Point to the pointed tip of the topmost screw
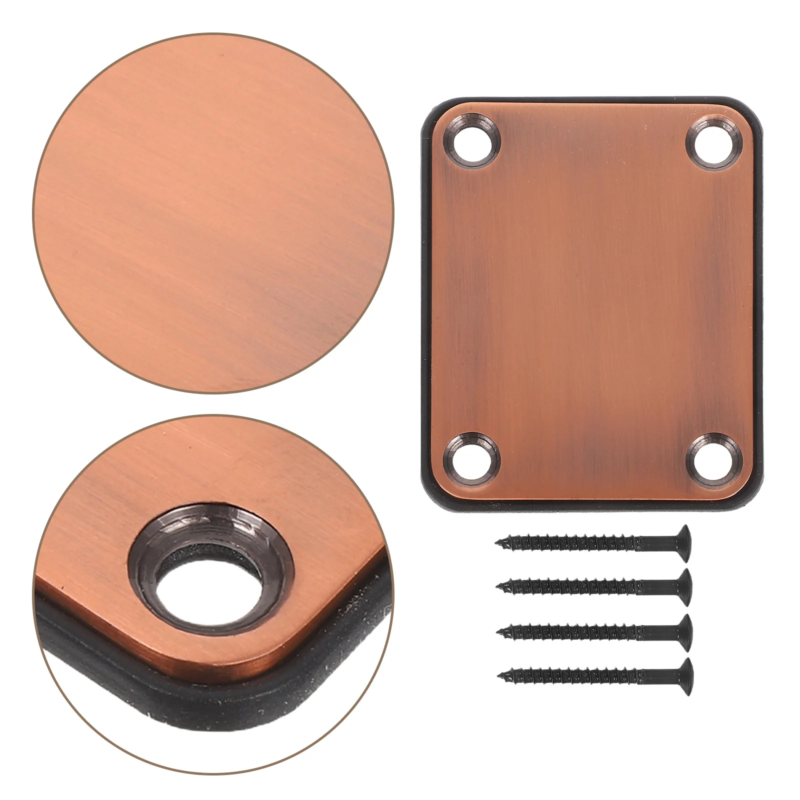[x=498, y=542]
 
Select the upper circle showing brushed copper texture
[x=212, y=212]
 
